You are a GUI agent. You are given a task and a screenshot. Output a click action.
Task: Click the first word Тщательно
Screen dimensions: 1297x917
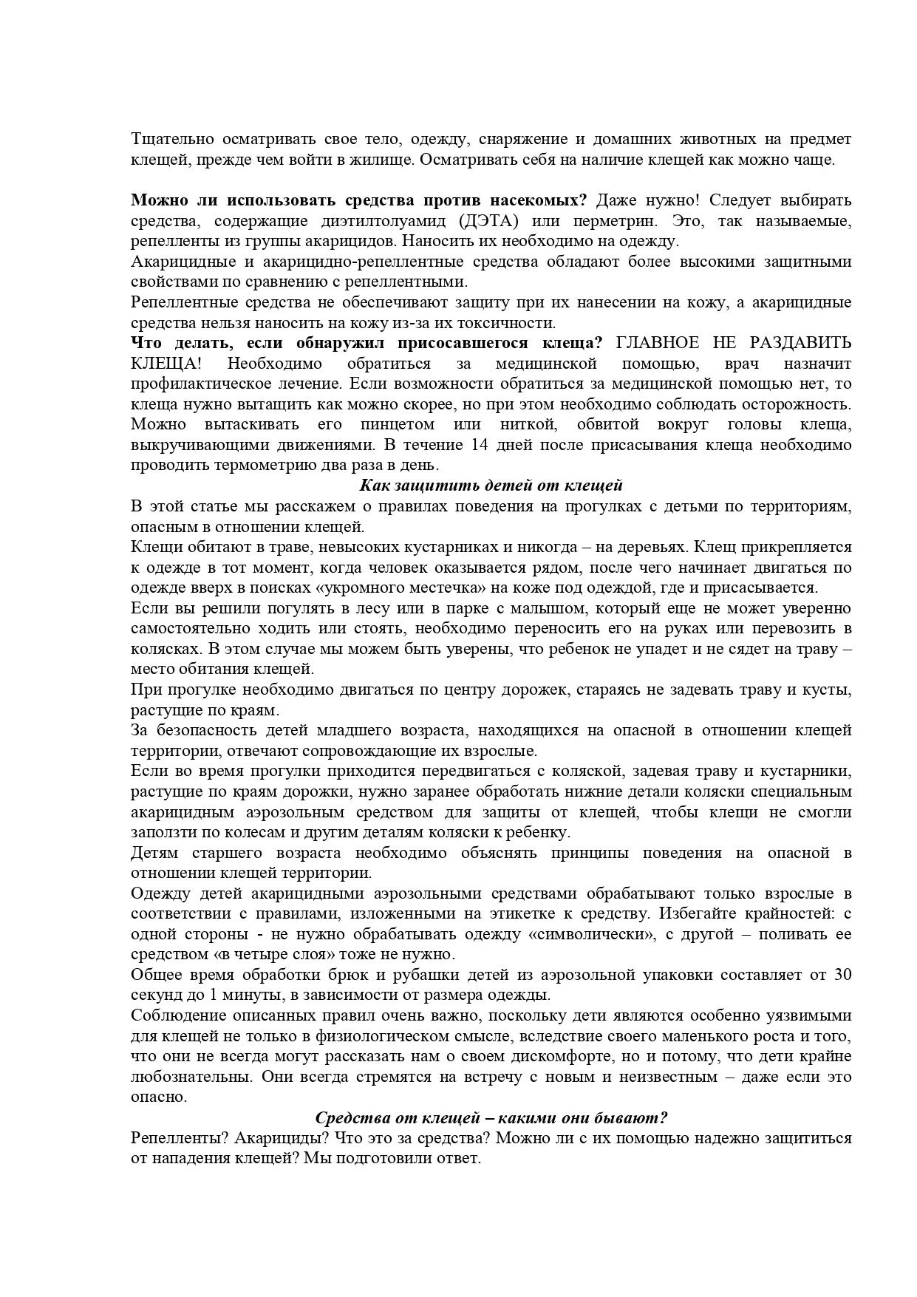[x=167, y=140]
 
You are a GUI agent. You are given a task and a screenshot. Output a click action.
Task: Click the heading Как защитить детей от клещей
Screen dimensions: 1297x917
[x=491, y=486]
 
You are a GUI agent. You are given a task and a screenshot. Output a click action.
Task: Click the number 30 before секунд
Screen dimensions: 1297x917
[x=842, y=975]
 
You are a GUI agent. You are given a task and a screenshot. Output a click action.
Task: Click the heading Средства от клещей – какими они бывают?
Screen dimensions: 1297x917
[x=491, y=1117]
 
